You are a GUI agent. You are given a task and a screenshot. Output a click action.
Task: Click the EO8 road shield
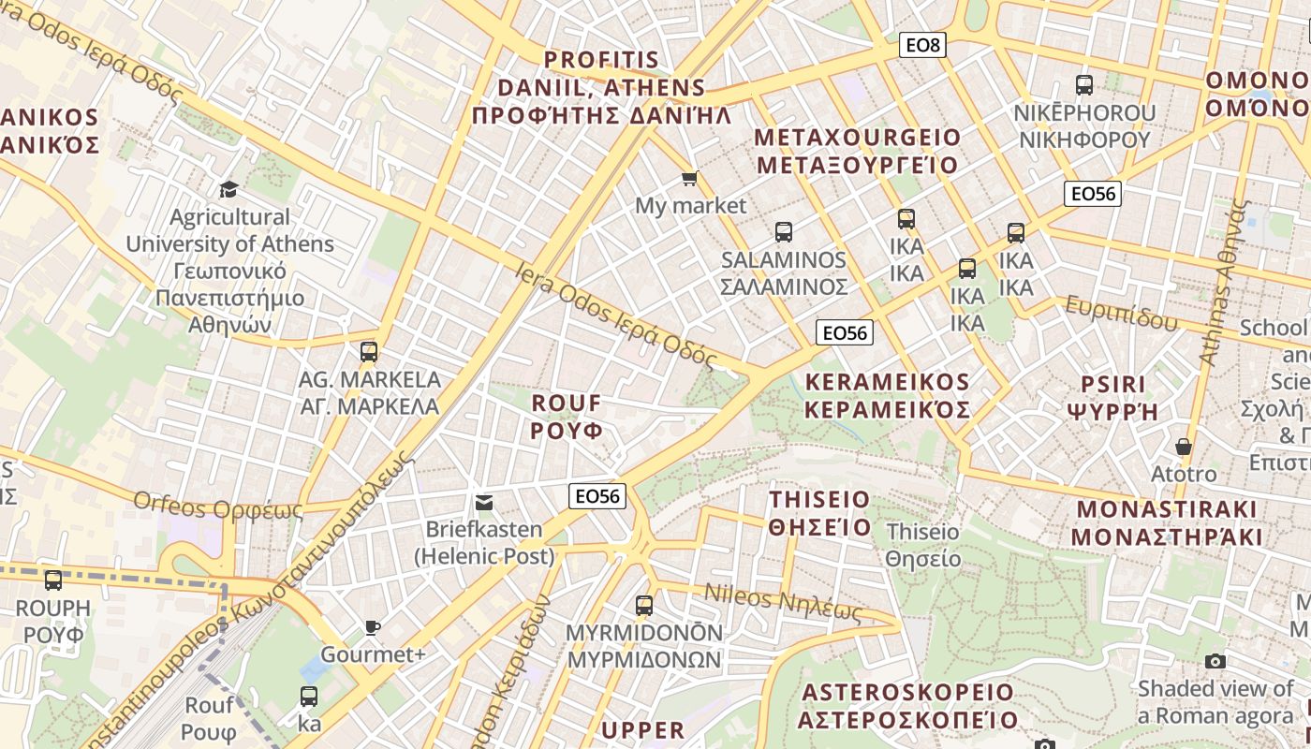click(x=921, y=44)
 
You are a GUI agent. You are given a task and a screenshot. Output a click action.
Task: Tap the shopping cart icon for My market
click(x=690, y=178)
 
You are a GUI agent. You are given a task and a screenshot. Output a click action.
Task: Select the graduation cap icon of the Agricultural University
click(x=228, y=190)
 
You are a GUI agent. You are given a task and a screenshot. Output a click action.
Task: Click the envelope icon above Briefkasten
click(x=483, y=503)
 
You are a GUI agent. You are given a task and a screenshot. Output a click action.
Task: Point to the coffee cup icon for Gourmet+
click(x=373, y=627)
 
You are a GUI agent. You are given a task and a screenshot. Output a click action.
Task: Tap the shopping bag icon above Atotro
click(x=1184, y=447)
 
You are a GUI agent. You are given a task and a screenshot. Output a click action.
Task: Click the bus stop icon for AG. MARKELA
click(x=369, y=352)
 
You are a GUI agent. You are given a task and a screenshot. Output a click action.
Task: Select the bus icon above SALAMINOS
click(x=783, y=231)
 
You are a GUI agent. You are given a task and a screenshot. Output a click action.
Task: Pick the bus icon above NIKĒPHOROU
click(x=1084, y=85)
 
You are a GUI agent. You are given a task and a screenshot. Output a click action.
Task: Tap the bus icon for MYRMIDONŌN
click(x=644, y=605)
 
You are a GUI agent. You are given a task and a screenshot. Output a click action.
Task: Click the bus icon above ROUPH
click(x=53, y=580)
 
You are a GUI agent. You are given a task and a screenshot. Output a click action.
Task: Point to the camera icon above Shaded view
click(x=1215, y=661)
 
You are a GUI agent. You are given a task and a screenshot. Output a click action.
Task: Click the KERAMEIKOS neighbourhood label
click(x=887, y=396)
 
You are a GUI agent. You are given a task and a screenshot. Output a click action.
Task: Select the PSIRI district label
click(x=1112, y=398)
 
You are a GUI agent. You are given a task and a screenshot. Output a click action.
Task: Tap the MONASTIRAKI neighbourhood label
click(x=1167, y=523)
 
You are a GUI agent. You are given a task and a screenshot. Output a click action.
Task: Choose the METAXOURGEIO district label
click(x=857, y=152)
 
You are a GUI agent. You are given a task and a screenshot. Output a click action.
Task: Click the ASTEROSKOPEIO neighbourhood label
click(x=907, y=706)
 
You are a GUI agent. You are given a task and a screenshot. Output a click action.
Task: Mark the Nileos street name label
click(x=782, y=602)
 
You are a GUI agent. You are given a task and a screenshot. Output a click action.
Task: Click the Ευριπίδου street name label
click(x=1121, y=313)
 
